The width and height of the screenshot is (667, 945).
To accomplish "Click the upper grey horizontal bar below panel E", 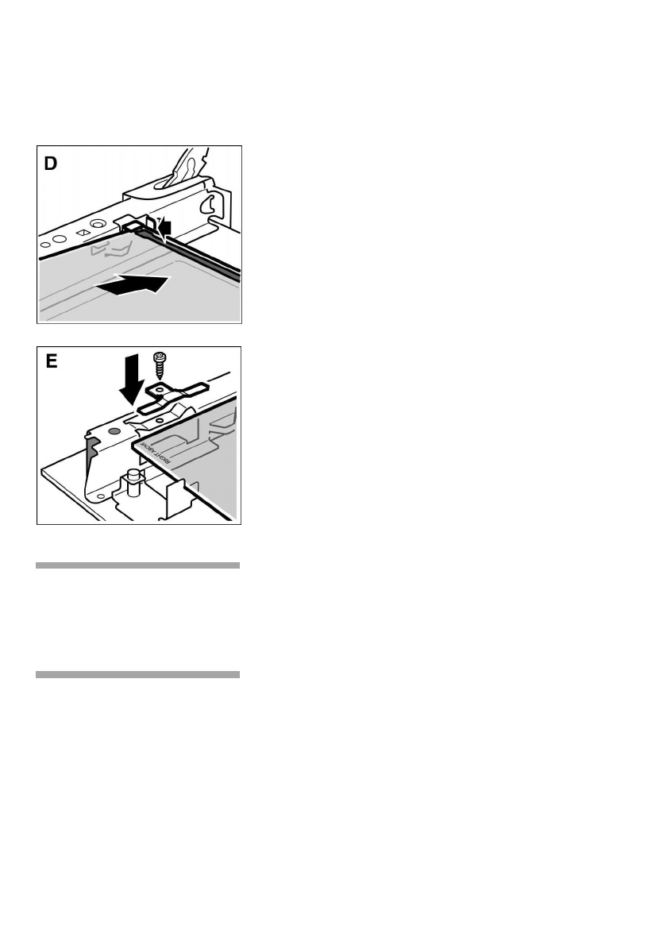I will pyautogui.click(x=138, y=565).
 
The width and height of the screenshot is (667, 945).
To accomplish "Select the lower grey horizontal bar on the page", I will pyautogui.click(x=138, y=674).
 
